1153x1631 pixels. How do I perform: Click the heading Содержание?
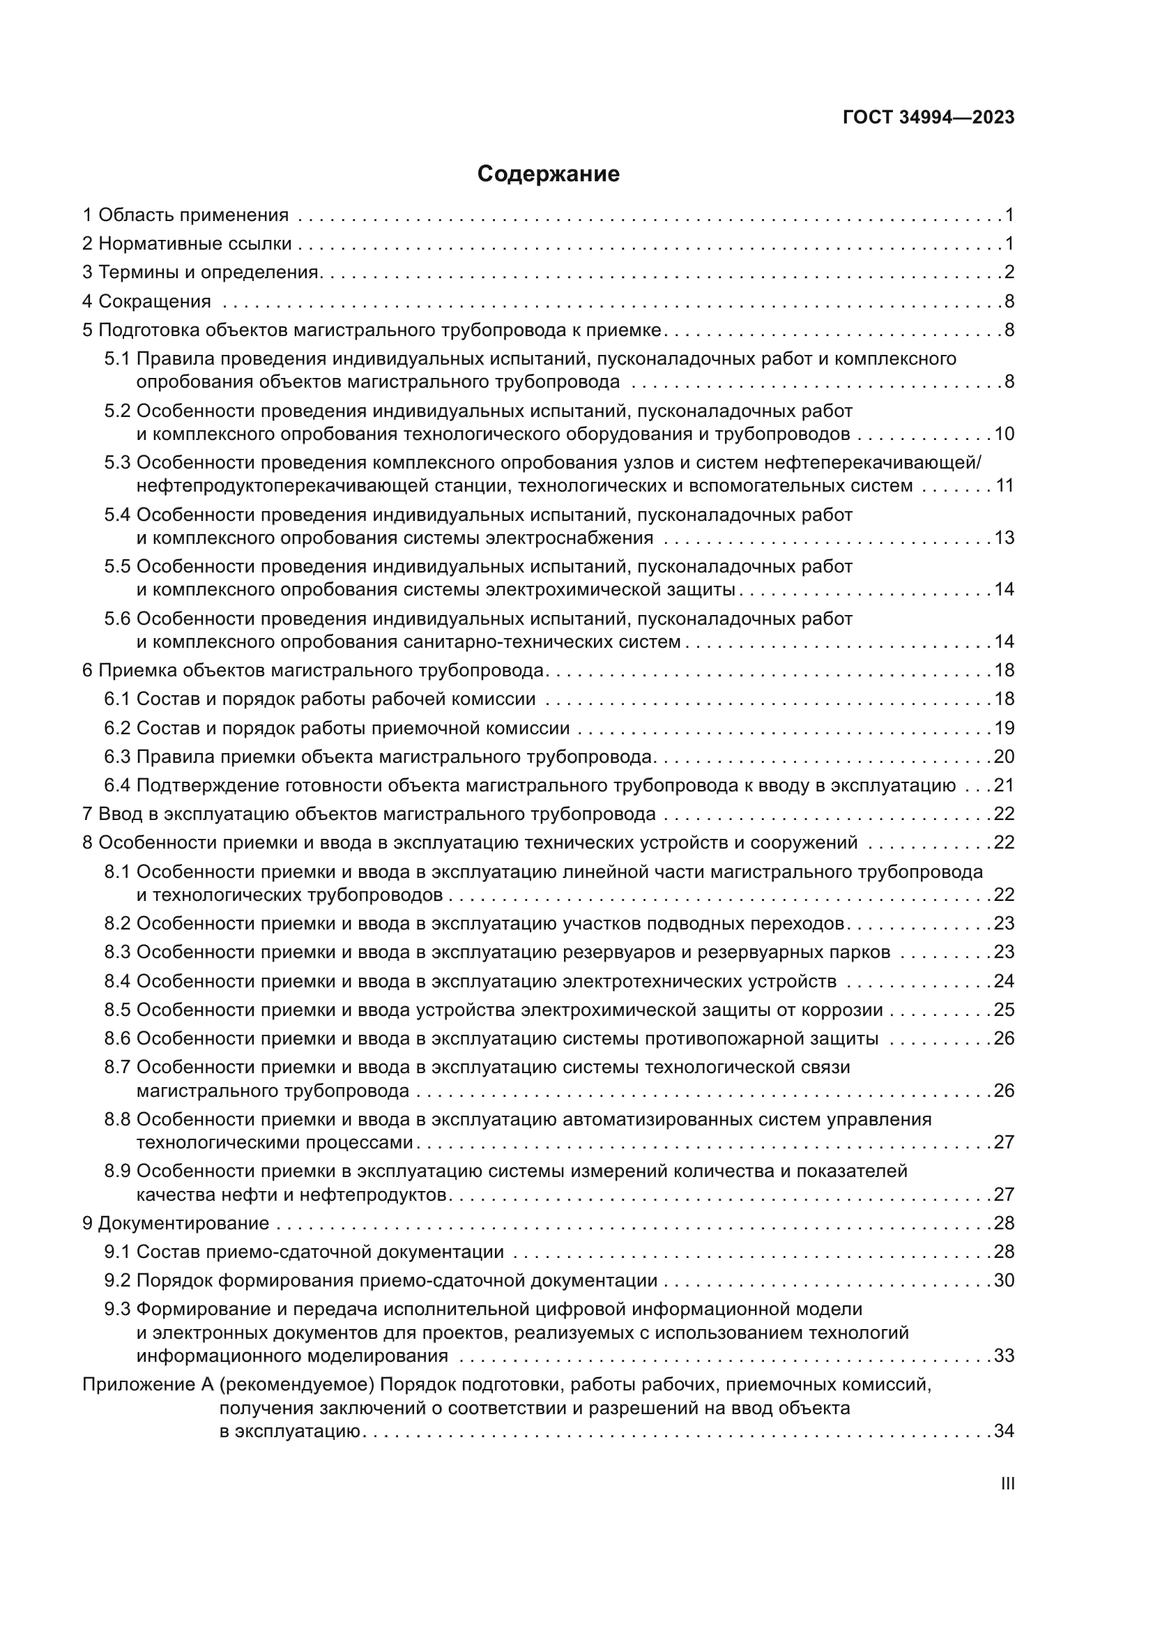coord(548,174)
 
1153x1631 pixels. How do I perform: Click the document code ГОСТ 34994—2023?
coord(929,118)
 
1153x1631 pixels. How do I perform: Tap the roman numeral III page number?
coord(1007,1484)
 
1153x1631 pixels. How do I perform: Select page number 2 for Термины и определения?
coord(1009,273)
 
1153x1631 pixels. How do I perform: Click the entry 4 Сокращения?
coord(147,302)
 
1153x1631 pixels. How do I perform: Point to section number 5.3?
coord(117,463)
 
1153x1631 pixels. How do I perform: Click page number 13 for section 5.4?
coord(1004,538)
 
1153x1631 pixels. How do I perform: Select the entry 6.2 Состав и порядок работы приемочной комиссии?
coord(337,728)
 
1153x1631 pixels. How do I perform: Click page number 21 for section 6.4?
coord(1004,786)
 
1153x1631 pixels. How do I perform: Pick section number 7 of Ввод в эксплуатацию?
coord(87,814)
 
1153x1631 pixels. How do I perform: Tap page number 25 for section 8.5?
coord(1004,1010)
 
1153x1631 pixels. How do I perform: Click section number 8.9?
coord(117,1171)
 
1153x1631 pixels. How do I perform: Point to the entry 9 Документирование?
coord(176,1223)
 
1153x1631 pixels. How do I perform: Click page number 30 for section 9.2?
coord(1004,1281)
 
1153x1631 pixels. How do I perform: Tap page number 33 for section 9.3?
coord(1004,1356)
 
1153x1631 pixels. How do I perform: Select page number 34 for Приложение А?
coord(1004,1432)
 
